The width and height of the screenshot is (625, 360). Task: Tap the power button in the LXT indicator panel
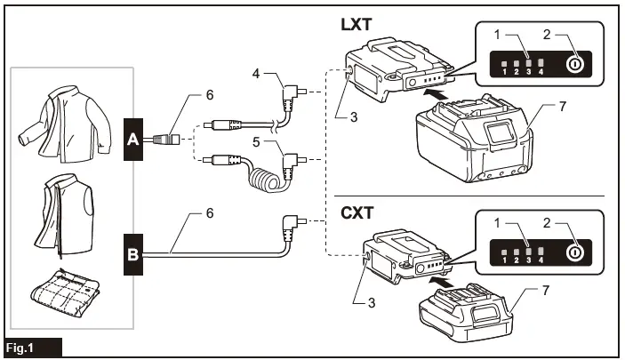(x=574, y=64)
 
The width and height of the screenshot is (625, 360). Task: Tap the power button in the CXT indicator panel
(x=574, y=251)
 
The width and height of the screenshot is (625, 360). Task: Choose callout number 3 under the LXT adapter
(x=356, y=115)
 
